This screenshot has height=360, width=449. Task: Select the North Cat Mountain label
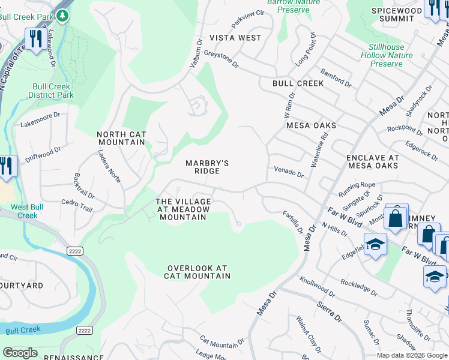click(x=121, y=138)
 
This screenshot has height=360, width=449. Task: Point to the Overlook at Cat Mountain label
click(x=197, y=272)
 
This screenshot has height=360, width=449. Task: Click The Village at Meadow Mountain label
click(x=183, y=209)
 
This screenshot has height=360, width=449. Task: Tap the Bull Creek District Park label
click(x=51, y=91)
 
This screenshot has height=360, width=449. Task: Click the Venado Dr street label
click(x=289, y=172)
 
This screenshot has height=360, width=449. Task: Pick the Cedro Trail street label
click(x=76, y=207)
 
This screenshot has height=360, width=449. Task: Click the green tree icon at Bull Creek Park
click(x=62, y=14)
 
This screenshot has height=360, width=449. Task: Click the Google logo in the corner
click(x=20, y=353)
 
